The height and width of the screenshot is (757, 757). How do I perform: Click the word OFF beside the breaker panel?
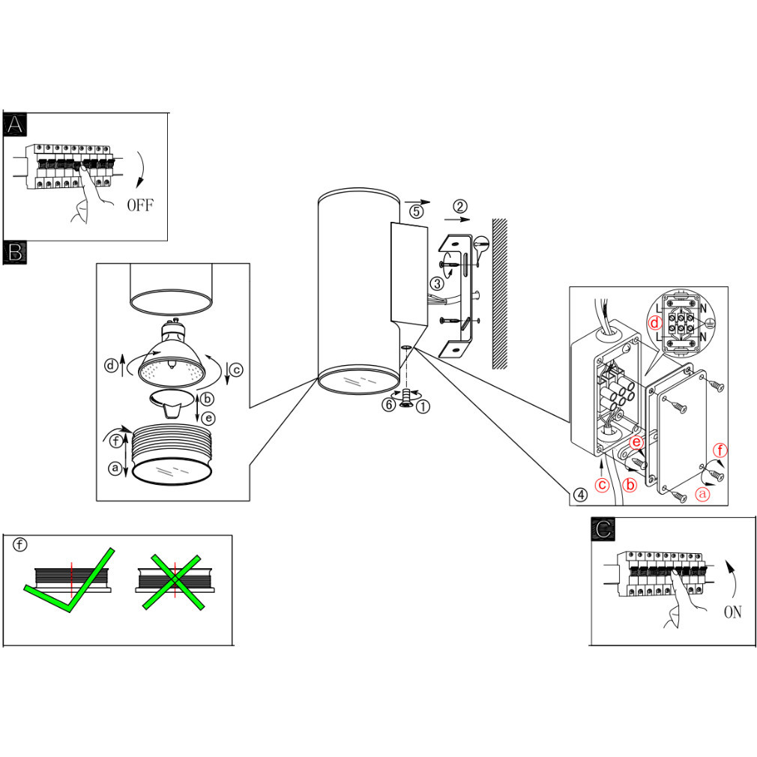(x=139, y=205)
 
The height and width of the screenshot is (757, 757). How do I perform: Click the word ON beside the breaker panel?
(x=732, y=612)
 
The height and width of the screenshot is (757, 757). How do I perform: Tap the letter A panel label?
(x=14, y=125)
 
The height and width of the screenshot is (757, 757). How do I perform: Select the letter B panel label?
(x=14, y=252)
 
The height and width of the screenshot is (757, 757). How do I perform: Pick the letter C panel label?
(x=602, y=528)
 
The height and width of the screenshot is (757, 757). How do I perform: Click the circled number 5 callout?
(x=417, y=211)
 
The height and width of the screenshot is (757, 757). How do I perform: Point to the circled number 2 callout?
(x=461, y=206)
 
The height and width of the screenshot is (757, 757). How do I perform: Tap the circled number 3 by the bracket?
(x=438, y=283)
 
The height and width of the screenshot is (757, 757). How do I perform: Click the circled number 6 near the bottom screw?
(x=388, y=405)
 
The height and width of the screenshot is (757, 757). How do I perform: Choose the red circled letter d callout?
(x=654, y=324)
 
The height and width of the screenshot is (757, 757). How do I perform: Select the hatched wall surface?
(x=499, y=292)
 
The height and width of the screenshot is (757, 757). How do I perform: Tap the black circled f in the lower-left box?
(x=20, y=545)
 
